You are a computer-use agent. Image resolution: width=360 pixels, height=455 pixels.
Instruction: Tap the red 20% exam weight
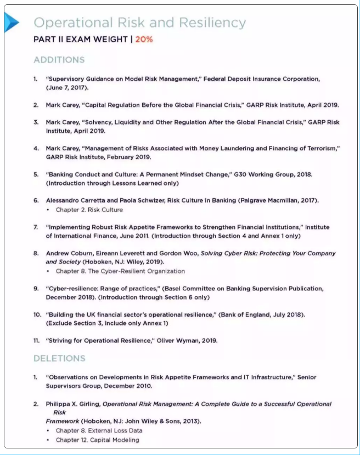click(144, 40)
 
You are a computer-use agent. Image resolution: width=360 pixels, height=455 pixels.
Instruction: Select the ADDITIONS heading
click(59, 59)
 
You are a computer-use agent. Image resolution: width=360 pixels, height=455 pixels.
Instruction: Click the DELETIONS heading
click(59, 358)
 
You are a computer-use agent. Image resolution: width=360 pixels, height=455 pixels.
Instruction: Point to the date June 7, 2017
click(67, 87)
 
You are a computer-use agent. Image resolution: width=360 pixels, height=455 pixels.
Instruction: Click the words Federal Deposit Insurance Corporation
click(262, 79)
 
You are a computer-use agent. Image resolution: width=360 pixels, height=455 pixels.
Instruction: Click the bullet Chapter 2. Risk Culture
click(89, 210)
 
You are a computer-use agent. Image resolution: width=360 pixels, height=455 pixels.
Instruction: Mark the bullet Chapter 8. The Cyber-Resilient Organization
click(120, 271)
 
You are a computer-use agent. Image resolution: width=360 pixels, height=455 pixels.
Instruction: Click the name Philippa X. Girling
click(72, 404)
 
